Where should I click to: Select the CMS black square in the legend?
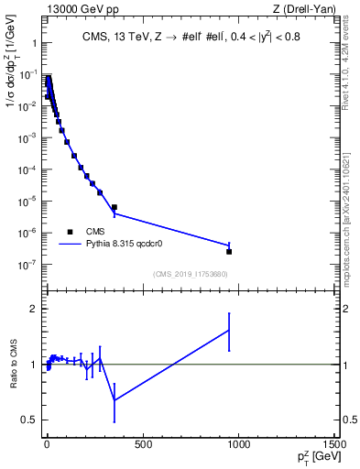(x=71, y=231)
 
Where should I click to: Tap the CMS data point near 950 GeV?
(x=229, y=251)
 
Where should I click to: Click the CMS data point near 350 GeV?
(x=114, y=207)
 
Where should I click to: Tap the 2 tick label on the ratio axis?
(x=32, y=309)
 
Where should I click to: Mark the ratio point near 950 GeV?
(x=229, y=331)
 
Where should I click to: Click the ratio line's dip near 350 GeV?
(x=114, y=399)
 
